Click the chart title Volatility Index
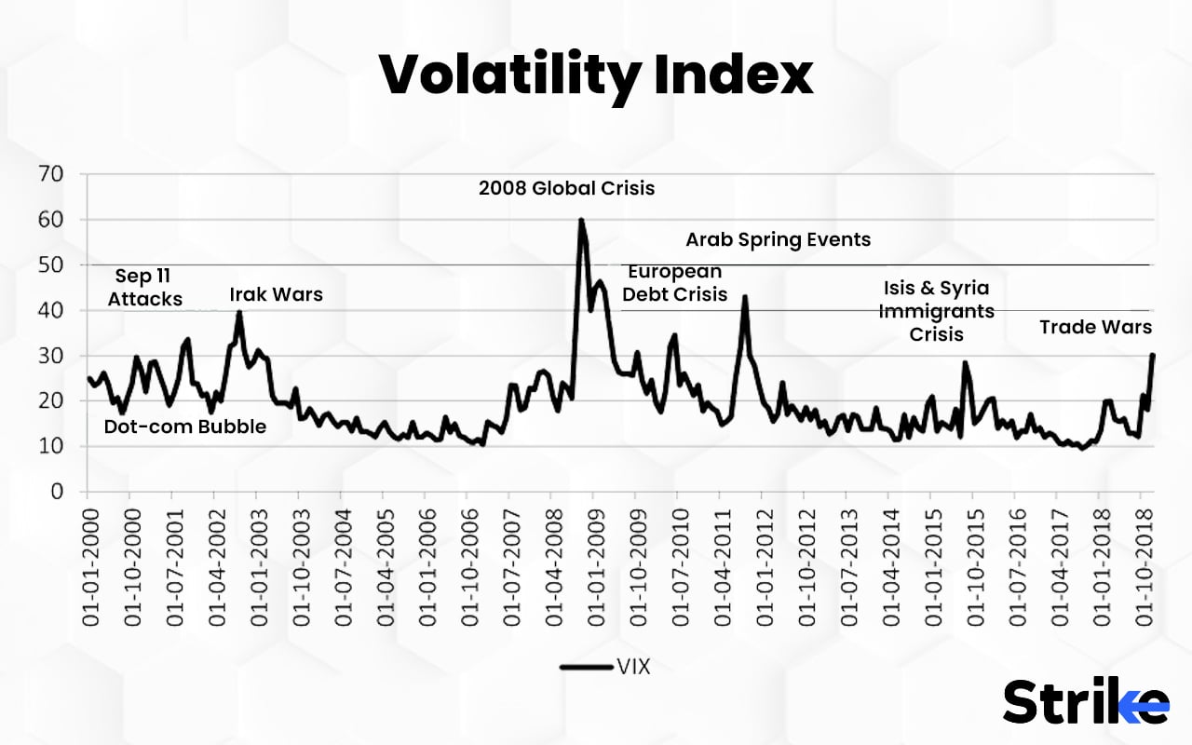(596, 74)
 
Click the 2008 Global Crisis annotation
(566, 188)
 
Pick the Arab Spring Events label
(778, 239)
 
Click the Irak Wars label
(276, 294)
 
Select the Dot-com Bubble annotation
(184, 427)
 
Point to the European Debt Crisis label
(674, 283)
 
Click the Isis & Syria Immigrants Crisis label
(936, 310)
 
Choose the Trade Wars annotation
(1095, 327)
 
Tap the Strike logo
(1085, 702)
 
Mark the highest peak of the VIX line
(580, 220)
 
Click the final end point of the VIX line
(1153, 355)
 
